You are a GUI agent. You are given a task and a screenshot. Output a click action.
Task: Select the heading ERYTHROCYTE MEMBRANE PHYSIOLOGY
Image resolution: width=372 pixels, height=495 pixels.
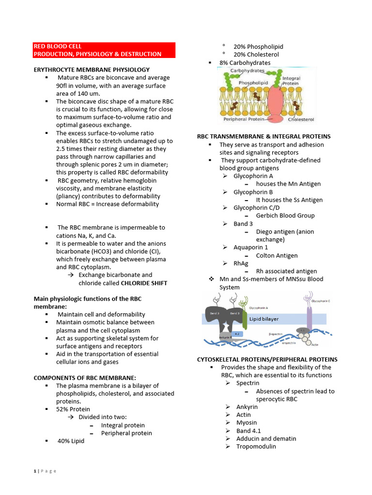[92, 70]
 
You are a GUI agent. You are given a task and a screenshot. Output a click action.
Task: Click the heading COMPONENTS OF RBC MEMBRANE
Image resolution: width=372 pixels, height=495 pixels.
[85, 378]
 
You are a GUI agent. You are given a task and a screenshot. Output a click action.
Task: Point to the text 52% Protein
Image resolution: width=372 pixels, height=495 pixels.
[73, 409]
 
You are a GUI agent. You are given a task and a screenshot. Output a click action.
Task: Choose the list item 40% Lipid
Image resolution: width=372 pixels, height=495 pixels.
[71, 440]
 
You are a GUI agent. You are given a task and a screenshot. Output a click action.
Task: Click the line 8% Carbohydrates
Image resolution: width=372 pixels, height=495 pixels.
[245, 63]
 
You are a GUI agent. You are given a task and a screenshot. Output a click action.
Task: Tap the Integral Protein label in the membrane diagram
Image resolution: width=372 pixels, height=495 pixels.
[291, 80]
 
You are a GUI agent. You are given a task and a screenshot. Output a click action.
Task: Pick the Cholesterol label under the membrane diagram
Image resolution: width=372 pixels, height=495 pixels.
[301, 119]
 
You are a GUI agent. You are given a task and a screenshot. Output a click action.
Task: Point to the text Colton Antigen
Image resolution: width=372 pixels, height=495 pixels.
[277, 255]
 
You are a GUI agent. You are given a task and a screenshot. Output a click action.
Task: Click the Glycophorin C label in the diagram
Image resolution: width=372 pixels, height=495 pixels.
[321, 301]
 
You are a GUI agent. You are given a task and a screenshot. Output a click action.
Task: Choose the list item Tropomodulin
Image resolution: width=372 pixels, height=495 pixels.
[256, 446]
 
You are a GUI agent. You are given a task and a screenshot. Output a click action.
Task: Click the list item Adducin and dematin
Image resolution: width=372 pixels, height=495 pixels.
[266, 438]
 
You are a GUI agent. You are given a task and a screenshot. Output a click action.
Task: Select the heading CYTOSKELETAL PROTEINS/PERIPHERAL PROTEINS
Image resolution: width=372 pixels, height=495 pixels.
[267, 359]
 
